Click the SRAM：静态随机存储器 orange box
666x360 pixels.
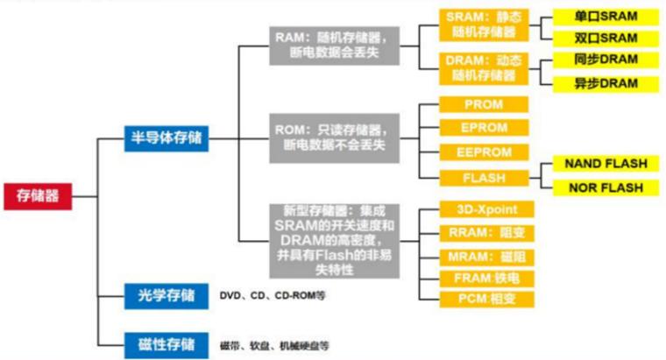pyautogui.click(x=484, y=25)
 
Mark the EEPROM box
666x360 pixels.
pyautogui.click(x=484, y=152)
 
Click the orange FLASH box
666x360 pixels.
pyautogui.click(x=484, y=177)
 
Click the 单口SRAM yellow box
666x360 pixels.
pyautogui.click(x=605, y=17)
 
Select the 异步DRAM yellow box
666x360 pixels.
pyautogui.click(x=605, y=83)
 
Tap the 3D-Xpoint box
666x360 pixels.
pyautogui.click(x=484, y=210)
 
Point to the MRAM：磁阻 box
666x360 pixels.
pyautogui.click(x=484, y=257)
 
